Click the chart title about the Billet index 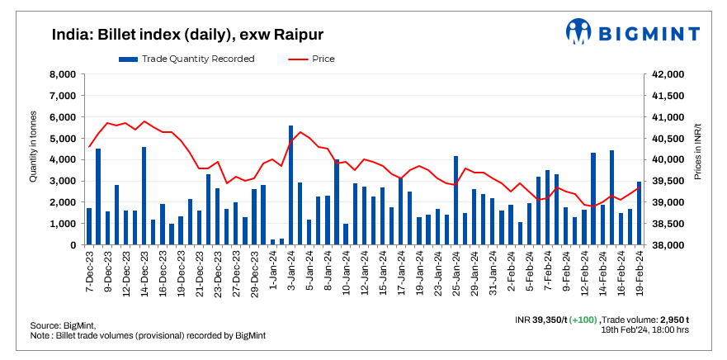click(186, 35)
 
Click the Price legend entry click(313, 59)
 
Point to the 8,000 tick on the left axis click(63, 74)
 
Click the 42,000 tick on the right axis click(668, 74)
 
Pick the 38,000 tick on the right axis click(668, 245)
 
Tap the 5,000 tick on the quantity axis click(63, 139)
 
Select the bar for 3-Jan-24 click(290, 185)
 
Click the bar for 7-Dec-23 click(89, 226)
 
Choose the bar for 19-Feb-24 click(639, 213)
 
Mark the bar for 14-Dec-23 click(144, 196)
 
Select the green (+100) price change click(583, 319)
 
